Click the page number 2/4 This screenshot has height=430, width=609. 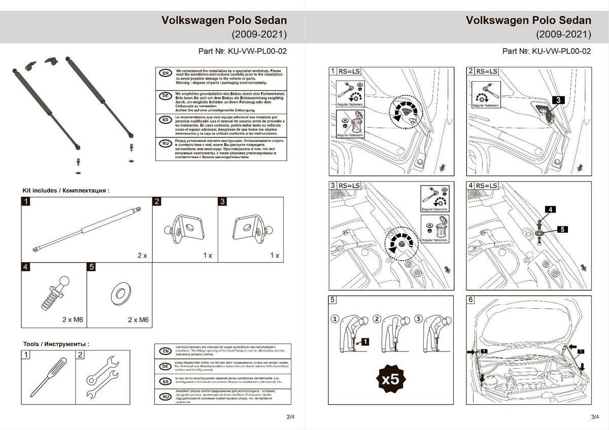[x=290, y=417]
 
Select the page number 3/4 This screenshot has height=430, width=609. [x=595, y=417]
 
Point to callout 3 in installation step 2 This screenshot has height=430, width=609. [x=557, y=100]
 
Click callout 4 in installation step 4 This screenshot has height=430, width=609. [x=552, y=209]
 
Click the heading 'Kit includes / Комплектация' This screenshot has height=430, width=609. [x=66, y=191]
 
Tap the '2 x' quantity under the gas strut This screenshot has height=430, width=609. [x=142, y=256]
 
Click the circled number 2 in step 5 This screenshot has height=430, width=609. [x=377, y=319]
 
